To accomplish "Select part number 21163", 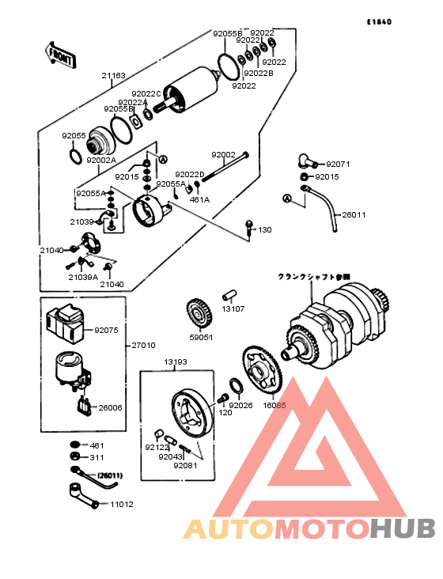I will pos(113,76).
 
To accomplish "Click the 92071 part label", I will pos(338,165).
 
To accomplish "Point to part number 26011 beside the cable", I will pos(353,214).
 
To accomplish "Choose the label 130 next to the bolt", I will pos(264,230).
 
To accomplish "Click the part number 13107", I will pos(233,309).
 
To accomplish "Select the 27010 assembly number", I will pos(143,346).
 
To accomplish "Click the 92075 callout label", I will pos(106,331).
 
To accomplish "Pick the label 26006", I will pos(110,408).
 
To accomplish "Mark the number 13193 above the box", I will pos(176,361).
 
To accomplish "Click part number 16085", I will pos(274,404).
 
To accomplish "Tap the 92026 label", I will pos(241,405).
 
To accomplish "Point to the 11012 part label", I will pos(122,504).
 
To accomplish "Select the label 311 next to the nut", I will pos(97,457).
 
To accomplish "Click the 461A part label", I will pos(199,200).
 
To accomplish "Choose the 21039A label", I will pos(82,278).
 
